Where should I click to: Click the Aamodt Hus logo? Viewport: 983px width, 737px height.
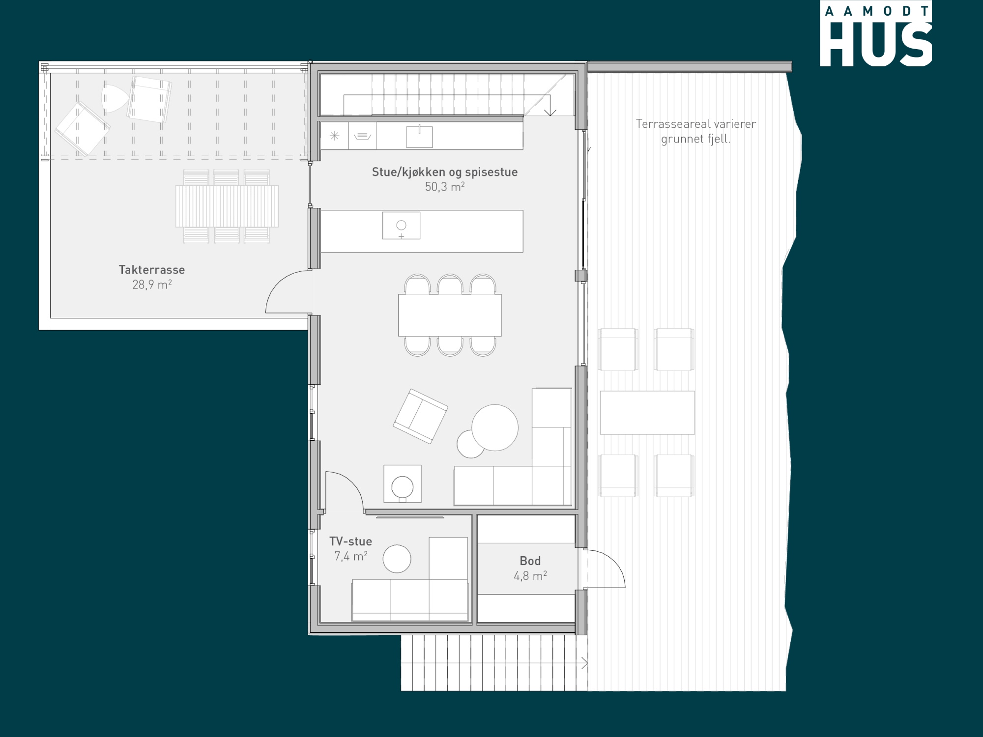(875, 33)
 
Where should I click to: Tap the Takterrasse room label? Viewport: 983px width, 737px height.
(152, 270)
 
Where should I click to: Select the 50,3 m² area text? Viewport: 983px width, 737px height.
(445, 187)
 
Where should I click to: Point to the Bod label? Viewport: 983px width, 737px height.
(530, 561)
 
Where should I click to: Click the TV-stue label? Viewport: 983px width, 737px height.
(350, 541)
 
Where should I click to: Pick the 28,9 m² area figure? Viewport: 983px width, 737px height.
(152, 284)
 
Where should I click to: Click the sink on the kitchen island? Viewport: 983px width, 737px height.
(402, 226)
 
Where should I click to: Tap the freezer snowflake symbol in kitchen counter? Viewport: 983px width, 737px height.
(334, 136)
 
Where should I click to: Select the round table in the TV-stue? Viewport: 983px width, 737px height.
(397, 559)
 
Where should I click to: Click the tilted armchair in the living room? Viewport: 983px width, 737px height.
(420, 416)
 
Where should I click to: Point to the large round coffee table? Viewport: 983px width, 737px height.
(495, 427)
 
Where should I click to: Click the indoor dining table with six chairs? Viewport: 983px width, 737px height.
(450, 315)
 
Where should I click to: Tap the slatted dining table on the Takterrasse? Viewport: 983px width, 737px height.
(227, 206)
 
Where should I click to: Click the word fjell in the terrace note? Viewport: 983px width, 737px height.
(719, 139)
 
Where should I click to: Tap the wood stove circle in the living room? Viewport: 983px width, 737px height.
(403, 487)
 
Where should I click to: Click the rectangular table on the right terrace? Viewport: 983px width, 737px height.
(647, 413)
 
